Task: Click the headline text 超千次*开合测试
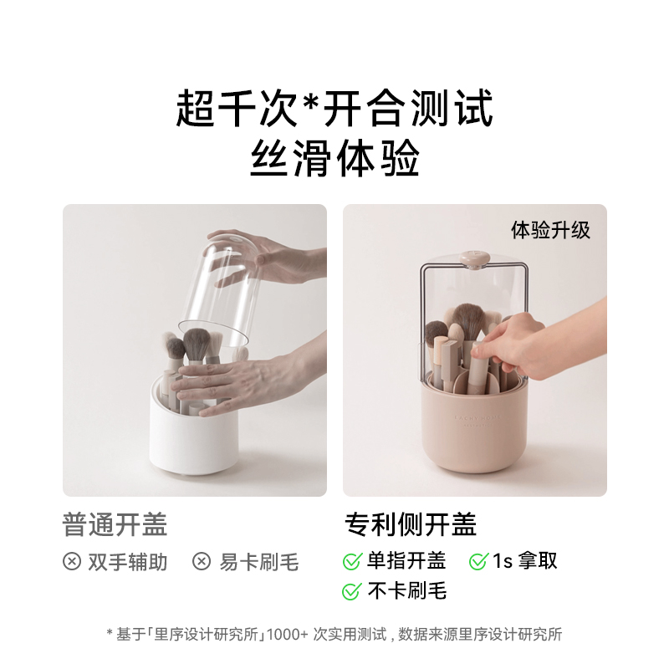[x=334, y=109]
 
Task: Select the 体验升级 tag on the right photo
[x=550, y=230]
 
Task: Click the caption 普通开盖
[x=115, y=524]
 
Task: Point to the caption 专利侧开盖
[x=411, y=524]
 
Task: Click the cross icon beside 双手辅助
[x=72, y=562]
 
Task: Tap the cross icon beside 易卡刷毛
[x=202, y=562]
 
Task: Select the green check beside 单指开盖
[x=352, y=562]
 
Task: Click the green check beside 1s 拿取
[x=478, y=562]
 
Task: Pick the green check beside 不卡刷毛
[x=352, y=591]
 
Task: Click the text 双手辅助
[x=128, y=562]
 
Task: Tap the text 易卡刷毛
[x=258, y=562]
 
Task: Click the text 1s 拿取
[x=524, y=561]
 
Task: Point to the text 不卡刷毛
[x=407, y=591]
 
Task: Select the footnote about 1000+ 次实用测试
[x=334, y=635]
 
